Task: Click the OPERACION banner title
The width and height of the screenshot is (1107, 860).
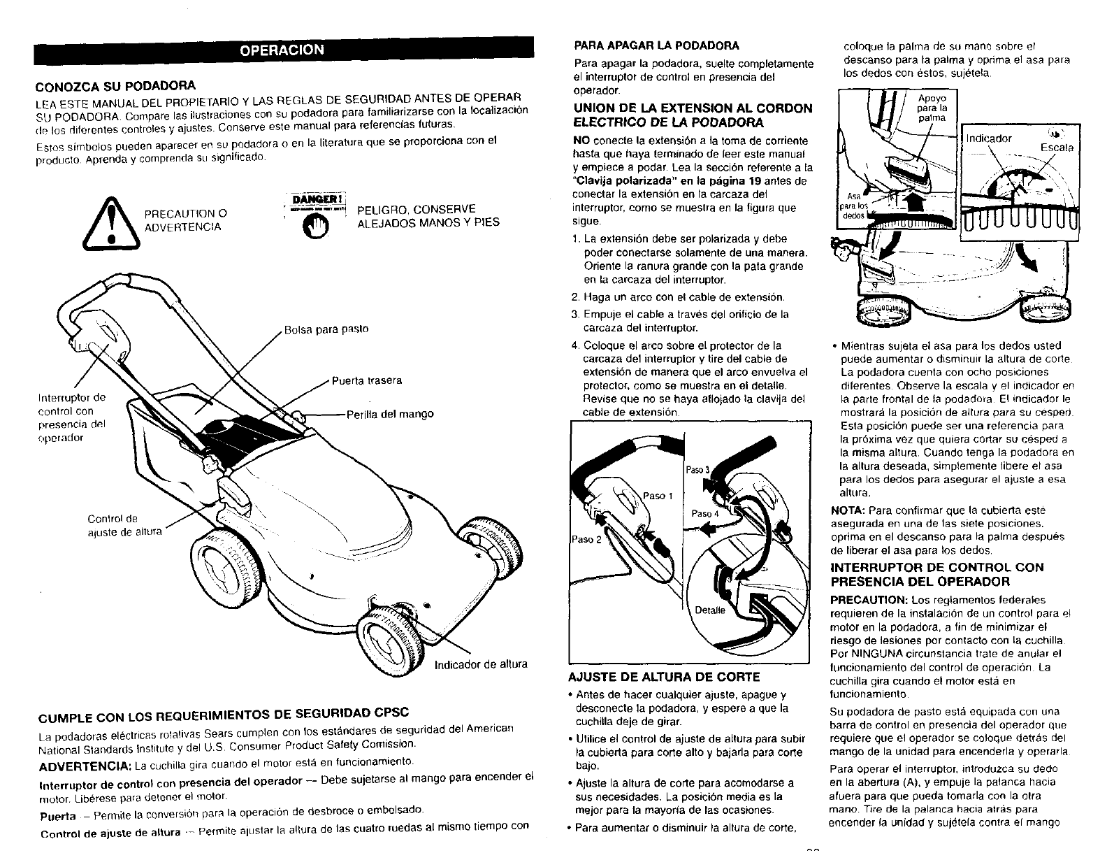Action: tap(282, 49)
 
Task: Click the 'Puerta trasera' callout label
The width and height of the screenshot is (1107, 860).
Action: tap(367, 380)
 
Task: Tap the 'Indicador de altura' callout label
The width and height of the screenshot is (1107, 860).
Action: tap(481, 664)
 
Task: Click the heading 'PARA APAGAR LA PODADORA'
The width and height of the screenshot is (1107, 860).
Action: tap(656, 46)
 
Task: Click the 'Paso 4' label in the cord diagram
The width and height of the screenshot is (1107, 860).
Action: tap(705, 513)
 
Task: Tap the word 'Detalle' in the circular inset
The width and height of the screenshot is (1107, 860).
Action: tap(711, 610)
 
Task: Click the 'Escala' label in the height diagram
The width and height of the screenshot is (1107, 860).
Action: tap(1057, 148)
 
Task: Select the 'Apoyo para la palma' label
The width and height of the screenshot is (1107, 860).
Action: tap(932, 108)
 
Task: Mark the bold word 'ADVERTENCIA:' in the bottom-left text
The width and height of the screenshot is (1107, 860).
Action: tap(83, 762)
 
